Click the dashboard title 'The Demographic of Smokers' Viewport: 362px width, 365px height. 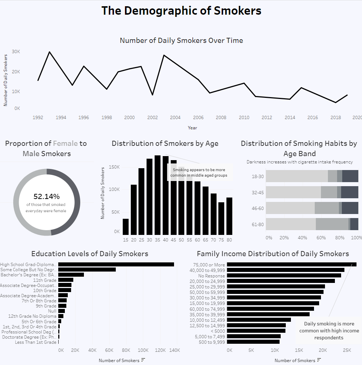[181, 11]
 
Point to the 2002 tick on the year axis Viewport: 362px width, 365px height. [152, 118]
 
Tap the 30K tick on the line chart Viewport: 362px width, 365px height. [16, 52]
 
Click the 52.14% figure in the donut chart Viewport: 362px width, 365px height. [47, 196]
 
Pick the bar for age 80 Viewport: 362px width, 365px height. [229, 216]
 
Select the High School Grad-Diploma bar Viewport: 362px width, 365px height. [116, 264]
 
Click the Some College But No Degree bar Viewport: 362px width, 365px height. [87, 269]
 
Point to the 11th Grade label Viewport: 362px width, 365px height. [45, 280]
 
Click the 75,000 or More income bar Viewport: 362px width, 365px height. [291, 264]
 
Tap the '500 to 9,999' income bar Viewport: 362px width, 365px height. [253, 342]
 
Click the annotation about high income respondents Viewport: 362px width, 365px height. [329, 331]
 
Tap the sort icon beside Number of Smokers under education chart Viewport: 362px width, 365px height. [143, 360]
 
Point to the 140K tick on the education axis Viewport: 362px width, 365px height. [175, 350]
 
